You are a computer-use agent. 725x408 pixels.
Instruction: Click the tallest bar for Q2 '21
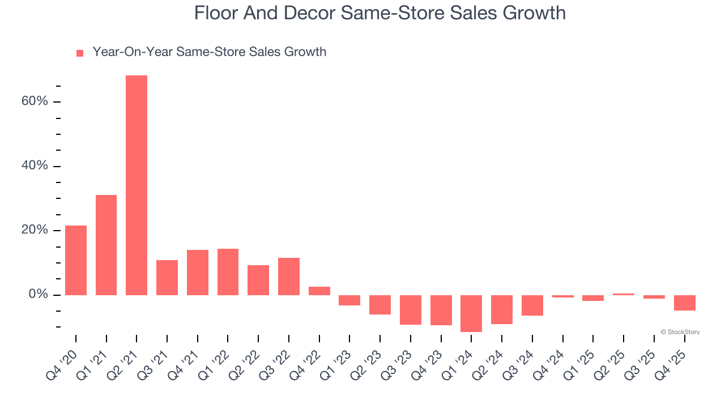click(x=137, y=185)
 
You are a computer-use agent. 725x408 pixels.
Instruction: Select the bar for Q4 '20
click(x=76, y=260)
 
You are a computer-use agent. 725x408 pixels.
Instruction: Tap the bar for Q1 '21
click(x=106, y=245)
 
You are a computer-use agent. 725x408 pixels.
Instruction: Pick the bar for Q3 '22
click(x=289, y=277)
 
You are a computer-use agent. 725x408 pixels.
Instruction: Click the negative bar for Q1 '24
click(x=471, y=313)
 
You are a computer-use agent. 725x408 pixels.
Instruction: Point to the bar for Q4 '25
click(x=684, y=303)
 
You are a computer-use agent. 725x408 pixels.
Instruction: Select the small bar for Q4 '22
click(x=319, y=291)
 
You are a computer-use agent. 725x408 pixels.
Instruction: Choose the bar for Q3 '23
click(x=411, y=310)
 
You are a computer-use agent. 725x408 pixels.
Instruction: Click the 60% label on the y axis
click(x=35, y=101)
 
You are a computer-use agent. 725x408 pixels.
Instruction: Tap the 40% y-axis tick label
click(x=35, y=166)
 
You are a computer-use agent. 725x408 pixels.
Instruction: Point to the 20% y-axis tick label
click(x=35, y=231)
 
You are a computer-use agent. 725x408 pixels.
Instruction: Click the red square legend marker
click(x=80, y=53)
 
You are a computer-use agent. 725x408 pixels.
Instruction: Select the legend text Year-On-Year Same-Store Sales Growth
click(x=210, y=52)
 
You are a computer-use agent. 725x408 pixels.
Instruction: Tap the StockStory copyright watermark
click(x=680, y=332)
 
